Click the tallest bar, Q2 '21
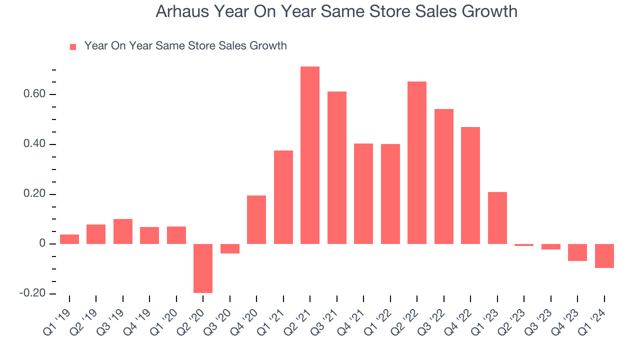tap(310, 155)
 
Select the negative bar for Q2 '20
tap(203, 268)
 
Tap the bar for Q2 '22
tap(417, 162)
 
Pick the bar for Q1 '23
tap(497, 218)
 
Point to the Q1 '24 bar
tap(604, 256)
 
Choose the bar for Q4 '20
tap(256, 219)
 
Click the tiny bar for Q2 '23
tap(524, 245)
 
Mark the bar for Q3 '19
tap(123, 231)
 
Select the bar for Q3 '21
tap(337, 167)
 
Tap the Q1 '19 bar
tap(69, 239)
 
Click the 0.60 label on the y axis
tap(34, 94)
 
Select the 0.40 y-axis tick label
tap(34, 144)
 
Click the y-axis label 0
tap(42, 244)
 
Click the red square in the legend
tap(73, 46)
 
